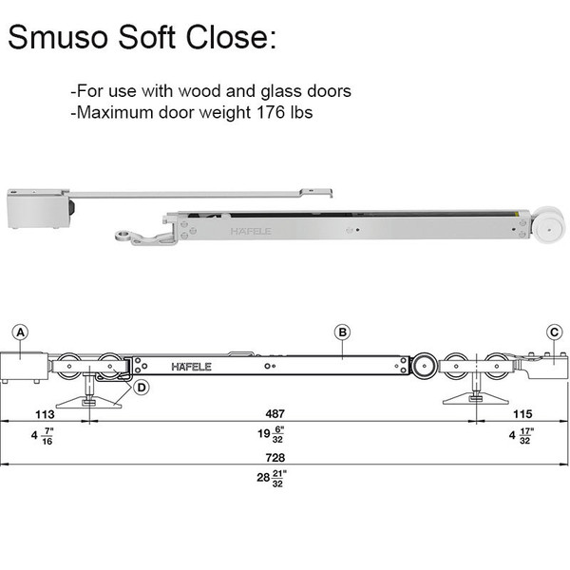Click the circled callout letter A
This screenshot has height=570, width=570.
(21, 332)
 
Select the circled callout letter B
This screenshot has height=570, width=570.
(343, 332)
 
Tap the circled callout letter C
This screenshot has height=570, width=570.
(554, 332)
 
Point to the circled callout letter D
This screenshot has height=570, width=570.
(142, 387)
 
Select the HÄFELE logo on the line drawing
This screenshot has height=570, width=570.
(192, 366)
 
